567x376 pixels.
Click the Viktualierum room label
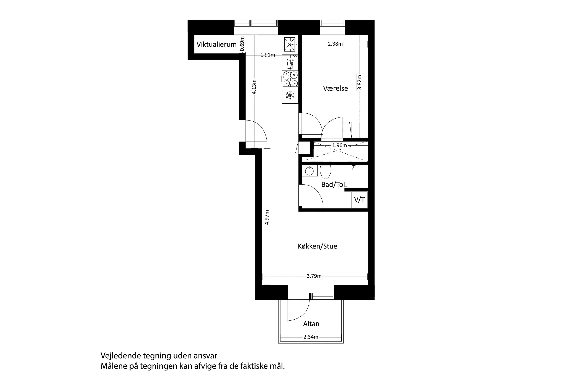(x=217, y=44)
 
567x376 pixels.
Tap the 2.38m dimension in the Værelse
(x=335, y=44)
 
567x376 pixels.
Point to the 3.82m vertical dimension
(x=359, y=82)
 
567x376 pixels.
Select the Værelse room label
(x=335, y=88)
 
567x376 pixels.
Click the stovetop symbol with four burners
(x=290, y=79)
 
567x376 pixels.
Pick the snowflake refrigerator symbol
(x=290, y=96)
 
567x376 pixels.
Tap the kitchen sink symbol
(x=290, y=45)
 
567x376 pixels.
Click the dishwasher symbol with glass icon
(x=290, y=64)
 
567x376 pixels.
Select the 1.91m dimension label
(x=267, y=55)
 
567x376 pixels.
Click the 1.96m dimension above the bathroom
(x=339, y=145)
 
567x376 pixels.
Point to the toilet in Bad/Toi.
(x=325, y=171)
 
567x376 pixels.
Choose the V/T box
(x=359, y=200)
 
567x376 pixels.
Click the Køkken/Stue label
(x=317, y=246)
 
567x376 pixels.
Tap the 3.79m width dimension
(x=314, y=276)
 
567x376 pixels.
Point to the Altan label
(x=311, y=323)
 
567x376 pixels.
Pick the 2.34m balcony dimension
(x=311, y=337)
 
